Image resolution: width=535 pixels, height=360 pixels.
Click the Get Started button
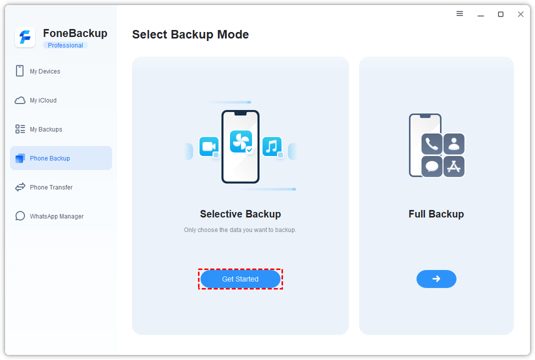[x=240, y=279]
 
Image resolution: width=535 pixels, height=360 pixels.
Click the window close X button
[x=520, y=14]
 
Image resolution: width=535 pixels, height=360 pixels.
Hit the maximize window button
[x=500, y=14]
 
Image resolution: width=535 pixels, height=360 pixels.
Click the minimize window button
[x=480, y=15]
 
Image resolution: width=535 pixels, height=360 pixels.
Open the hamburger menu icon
[x=459, y=13]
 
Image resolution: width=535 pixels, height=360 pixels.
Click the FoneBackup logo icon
[x=25, y=37]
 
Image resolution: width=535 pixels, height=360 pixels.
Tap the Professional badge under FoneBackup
[x=65, y=45]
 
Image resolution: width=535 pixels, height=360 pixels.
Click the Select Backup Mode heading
[x=190, y=34]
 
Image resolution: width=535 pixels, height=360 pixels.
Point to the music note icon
[x=272, y=146]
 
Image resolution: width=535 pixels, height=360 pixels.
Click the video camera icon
[x=209, y=146]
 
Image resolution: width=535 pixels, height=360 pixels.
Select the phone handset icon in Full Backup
[x=432, y=144]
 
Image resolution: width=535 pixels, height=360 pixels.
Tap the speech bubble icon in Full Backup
[x=432, y=166]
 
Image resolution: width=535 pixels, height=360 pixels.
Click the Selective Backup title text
[x=240, y=214]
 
